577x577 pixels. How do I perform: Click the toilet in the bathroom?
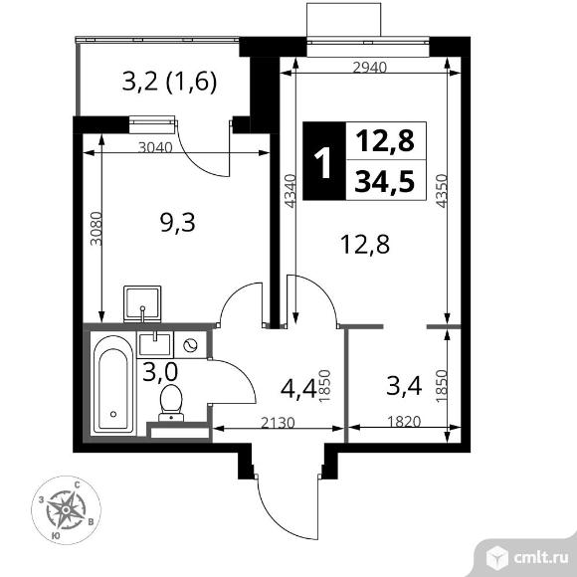(171, 403)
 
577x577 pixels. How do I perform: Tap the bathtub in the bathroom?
(113, 385)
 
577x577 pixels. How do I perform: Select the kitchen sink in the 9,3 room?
(142, 303)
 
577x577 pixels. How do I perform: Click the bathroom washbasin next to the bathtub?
(155, 344)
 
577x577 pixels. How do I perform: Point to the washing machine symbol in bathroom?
(191, 345)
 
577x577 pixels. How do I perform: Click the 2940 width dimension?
(369, 68)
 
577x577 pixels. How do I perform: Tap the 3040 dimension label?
(155, 147)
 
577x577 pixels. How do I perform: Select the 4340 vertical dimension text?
(290, 191)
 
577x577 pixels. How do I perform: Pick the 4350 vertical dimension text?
(441, 191)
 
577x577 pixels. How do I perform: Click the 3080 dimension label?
(96, 228)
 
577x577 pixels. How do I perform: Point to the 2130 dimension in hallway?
(278, 423)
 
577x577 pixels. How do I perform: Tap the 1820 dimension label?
(404, 421)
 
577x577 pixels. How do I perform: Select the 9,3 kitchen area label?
(178, 223)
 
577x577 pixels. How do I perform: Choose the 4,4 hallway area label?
(298, 389)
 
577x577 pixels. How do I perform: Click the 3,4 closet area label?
(404, 386)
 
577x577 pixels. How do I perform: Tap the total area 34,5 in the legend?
(385, 182)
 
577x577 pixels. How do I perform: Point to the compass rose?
(66, 510)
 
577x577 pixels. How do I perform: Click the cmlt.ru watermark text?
(540, 559)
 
